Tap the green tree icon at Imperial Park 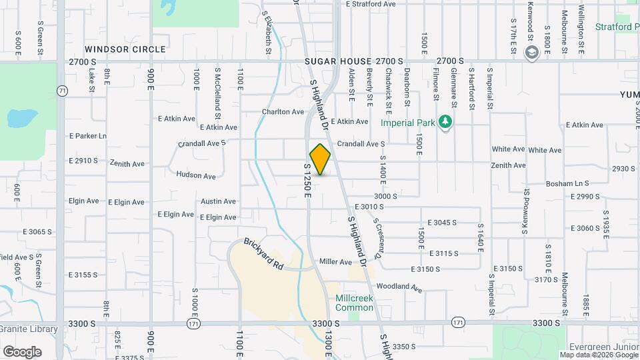(x=445, y=122)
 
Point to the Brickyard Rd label (x=263, y=254)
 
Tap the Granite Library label (x=29, y=329)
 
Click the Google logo (x=22, y=351)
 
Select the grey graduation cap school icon (x=532, y=52)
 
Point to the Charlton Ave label (x=283, y=112)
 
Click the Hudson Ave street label (x=196, y=176)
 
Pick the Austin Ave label (x=218, y=201)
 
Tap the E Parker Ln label (x=87, y=136)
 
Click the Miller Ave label (x=335, y=262)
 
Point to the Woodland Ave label (x=399, y=288)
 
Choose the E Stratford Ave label (x=371, y=4)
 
